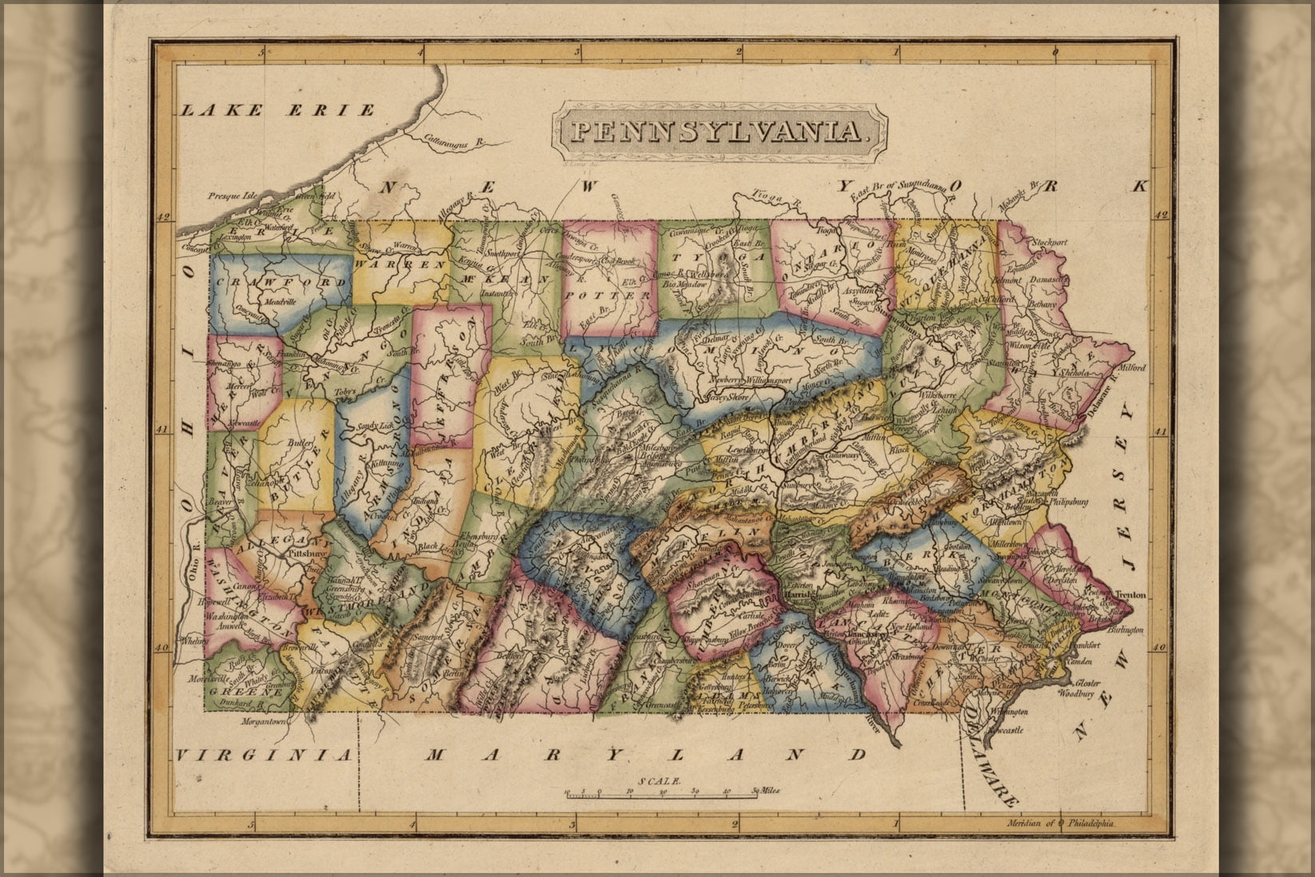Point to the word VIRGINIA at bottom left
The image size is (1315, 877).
pyautogui.click(x=264, y=755)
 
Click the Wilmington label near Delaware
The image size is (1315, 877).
pyautogui.click(x=1005, y=711)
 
